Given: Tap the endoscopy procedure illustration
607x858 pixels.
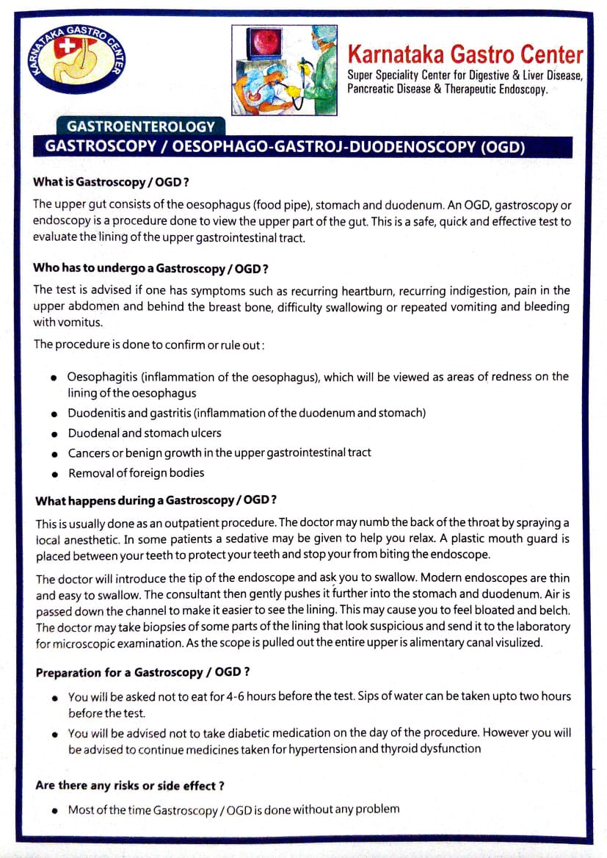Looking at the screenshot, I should (x=285, y=70).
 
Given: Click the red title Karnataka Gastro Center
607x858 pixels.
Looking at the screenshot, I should (x=465, y=54).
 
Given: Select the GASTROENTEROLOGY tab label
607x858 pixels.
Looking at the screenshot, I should (x=141, y=126).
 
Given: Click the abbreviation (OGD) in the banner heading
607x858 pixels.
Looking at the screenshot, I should (x=503, y=145).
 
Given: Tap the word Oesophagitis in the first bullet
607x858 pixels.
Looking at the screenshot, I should (x=101, y=378).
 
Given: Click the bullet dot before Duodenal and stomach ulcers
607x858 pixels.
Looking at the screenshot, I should (x=54, y=434).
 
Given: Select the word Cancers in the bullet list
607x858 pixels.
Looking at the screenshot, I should (x=89, y=453).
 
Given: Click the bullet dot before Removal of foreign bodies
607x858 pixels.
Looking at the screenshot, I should (x=54, y=474).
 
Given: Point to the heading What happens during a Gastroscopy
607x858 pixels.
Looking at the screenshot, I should (x=156, y=501).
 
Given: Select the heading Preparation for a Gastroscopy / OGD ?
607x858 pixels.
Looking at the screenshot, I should (x=142, y=673).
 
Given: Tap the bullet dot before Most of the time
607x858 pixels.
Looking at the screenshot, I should (x=54, y=810).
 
